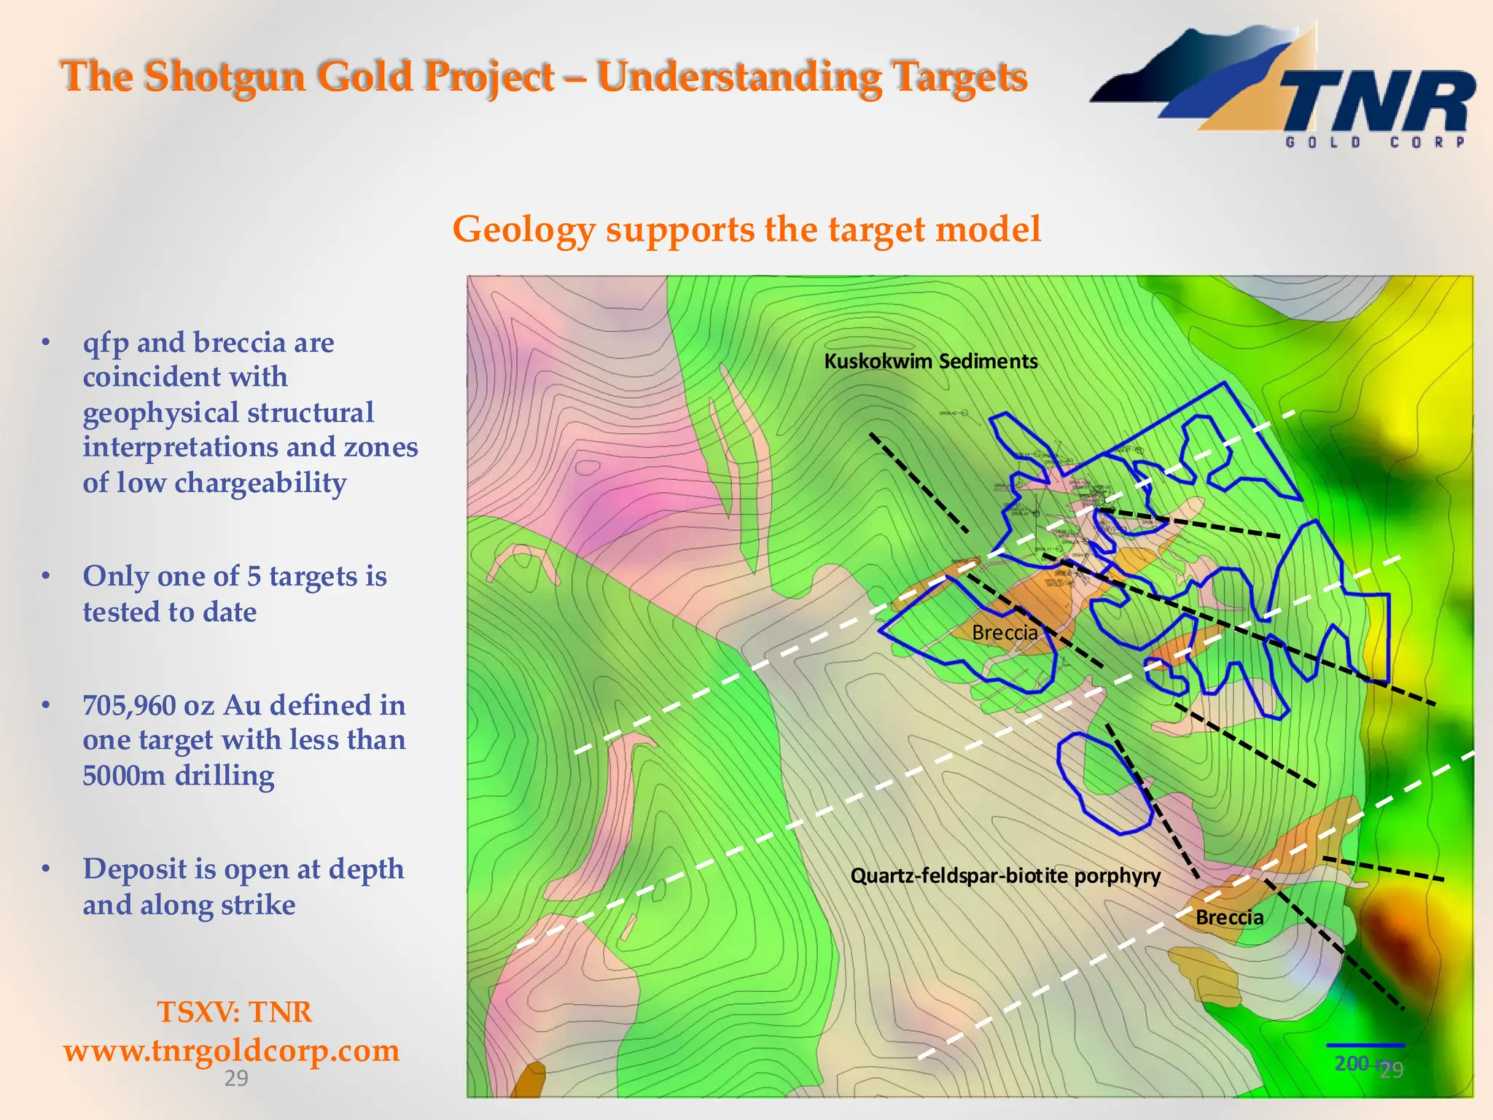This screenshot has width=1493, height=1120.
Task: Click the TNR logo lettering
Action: point(1378,102)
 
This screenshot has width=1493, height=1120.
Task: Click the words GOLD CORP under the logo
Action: point(1375,142)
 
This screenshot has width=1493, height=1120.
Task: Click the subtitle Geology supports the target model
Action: point(746,229)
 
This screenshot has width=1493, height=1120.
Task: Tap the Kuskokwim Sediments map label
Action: point(931,361)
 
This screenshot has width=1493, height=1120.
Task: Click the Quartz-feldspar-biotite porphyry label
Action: point(1005,875)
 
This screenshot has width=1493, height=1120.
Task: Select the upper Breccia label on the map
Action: point(1005,632)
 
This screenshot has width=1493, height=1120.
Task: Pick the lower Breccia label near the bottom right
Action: point(1229,917)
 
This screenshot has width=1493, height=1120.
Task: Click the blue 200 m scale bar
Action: point(1365,1046)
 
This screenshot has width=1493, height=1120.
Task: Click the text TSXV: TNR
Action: point(234,1012)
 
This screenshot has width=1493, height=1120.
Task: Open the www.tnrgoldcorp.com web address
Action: point(231,1051)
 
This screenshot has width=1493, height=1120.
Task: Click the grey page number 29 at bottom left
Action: point(235,1078)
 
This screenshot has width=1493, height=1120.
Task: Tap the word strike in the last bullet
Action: point(258,905)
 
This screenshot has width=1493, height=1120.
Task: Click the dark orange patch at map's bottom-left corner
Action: point(528,1081)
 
